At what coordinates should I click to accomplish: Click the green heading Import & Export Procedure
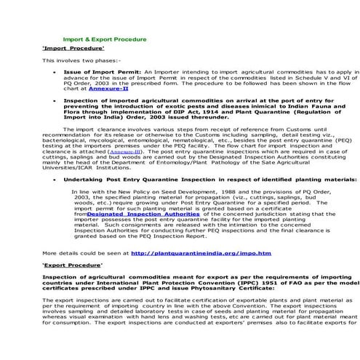point(104,39)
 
